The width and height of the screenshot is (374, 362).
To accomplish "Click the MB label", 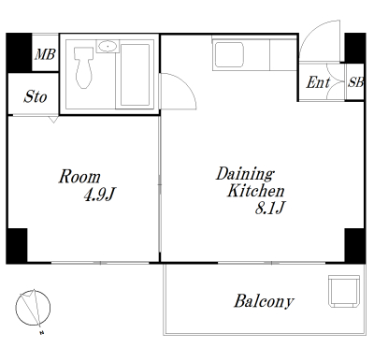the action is coord(45,55).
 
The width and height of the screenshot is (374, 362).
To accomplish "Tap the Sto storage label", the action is coord(36,96).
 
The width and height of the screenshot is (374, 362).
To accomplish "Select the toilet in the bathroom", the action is coord(83,67).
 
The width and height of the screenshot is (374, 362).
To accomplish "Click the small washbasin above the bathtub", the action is coord(108,47).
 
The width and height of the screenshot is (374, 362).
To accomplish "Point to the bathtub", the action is coord(135,75).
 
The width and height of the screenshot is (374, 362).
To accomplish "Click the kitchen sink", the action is coord(229,55).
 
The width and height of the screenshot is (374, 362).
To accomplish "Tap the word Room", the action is coord(79,177).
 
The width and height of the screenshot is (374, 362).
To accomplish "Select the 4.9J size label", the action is coord(100,195).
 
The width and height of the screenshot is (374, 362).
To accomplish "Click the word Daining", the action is coord(245,175).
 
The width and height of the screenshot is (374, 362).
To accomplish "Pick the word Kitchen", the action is coord(255,191).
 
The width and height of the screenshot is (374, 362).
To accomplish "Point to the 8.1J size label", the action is coord(270,208).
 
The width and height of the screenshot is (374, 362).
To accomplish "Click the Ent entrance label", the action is coord(318,82).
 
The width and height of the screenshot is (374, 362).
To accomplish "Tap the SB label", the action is coord(355,82).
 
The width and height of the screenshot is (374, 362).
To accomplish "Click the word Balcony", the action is coord(264,301).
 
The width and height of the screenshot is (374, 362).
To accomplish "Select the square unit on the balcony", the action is coord(344,291).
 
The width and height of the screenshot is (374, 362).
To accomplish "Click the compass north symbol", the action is coord(33,308).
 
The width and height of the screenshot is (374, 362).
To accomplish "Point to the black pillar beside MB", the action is coord(19,52).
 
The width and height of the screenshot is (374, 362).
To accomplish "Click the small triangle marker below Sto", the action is coord(53,120).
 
